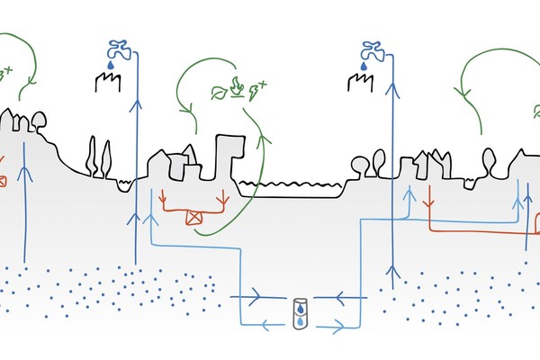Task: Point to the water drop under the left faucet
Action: click(x=111, y=65)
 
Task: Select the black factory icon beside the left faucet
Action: click(x=108, y=84)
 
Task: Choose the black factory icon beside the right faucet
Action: click(x=358, y=84)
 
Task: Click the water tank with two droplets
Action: click(x=300, y=312)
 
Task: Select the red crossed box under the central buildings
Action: click(x=192, y=216)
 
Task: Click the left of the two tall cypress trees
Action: click(x=92, y=157)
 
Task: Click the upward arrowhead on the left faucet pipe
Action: click(x=136, y=105)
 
